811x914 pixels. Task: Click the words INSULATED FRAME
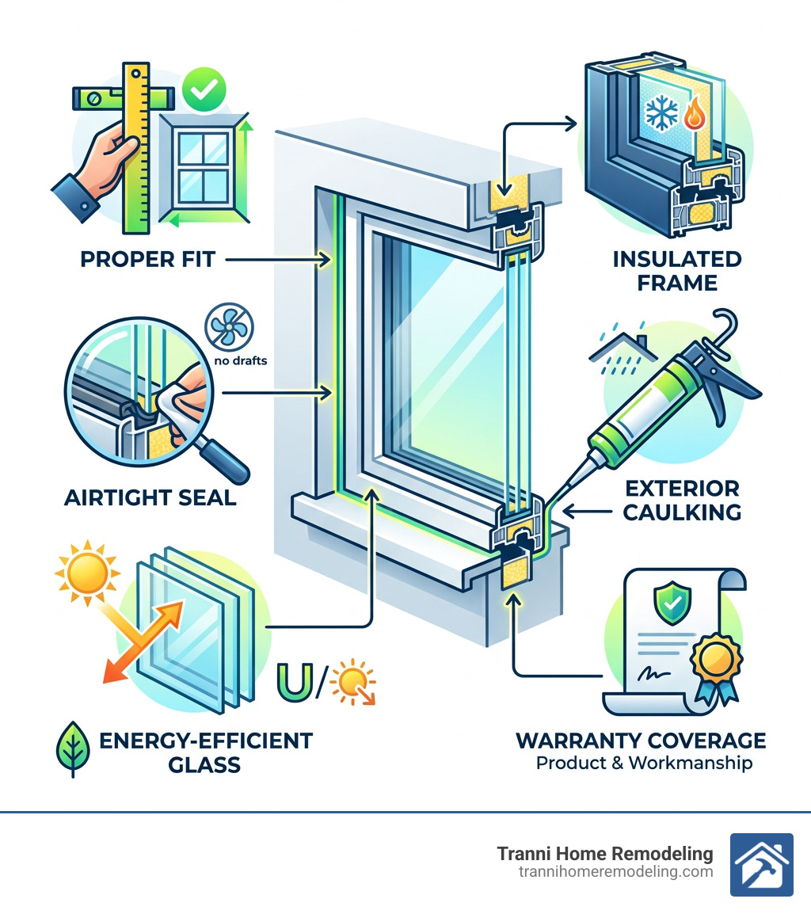(x=677, y=271)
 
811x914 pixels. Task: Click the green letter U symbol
(x=293, y=684)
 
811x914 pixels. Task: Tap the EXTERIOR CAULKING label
(x=681, y=500)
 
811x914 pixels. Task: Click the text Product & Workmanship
(x=644, y=764)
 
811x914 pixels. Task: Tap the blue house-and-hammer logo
(x=760, y=864)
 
